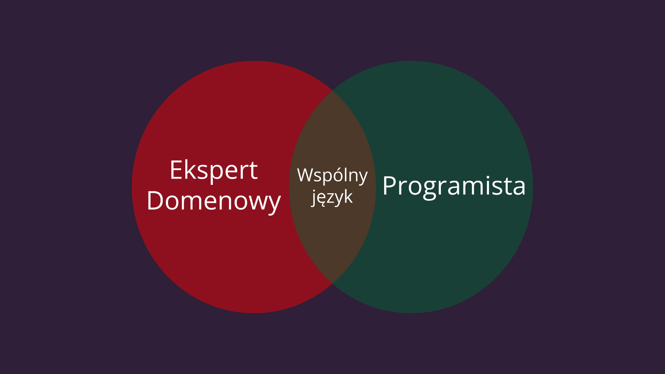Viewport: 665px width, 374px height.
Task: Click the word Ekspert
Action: click(x=214, y=170)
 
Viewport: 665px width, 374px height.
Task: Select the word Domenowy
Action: click(x=214, y=201)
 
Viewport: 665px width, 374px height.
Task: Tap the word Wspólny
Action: click(x=332, y=175)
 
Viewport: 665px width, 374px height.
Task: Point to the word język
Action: click(x=332, y=197)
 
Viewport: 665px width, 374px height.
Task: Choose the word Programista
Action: click(x=454, y=186)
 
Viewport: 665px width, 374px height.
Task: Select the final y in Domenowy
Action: click(x=274, y=204)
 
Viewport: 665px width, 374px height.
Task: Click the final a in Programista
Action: click(x=519, y=188)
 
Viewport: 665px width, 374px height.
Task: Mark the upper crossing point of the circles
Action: click(x=332, y=90)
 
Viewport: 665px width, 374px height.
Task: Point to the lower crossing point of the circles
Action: click(x=332, y=284)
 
